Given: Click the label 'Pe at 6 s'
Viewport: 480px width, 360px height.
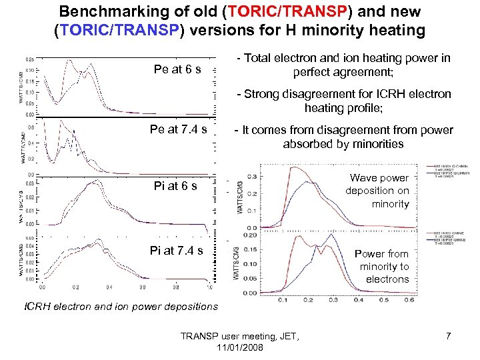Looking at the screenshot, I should [x=177, y=70].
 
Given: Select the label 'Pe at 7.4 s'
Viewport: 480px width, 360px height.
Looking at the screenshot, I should [x=179, y=129].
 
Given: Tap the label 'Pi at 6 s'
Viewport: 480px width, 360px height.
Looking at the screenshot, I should [x=175, y=186].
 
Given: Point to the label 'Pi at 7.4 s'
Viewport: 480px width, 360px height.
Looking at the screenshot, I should [x=177, y=251].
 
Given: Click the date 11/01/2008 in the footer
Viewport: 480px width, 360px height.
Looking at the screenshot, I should [x=240, y=348].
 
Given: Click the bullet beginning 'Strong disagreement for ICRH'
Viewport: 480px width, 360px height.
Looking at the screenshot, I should [x=347, y=101].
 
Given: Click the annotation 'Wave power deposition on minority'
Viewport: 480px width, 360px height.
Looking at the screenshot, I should [x=377, y=191].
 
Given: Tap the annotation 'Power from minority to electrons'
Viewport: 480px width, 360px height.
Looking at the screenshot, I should [x=381, y=267].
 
